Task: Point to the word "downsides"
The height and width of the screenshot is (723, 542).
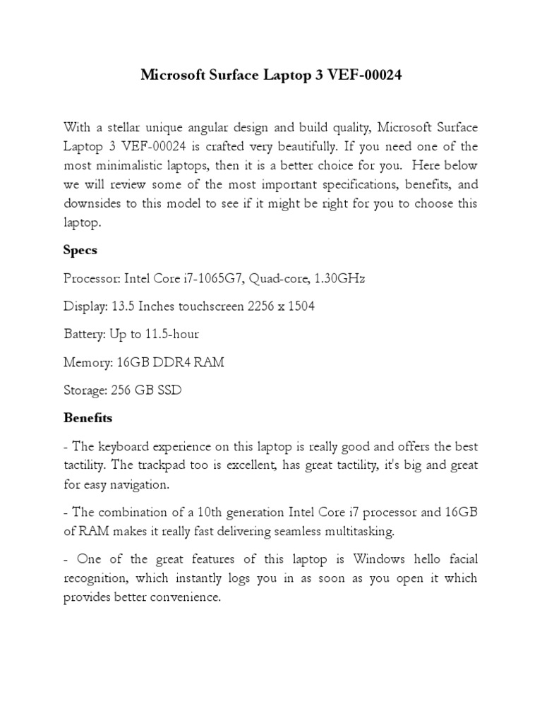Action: tap(95, 203)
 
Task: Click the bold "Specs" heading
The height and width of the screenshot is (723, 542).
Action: tap(80, 250)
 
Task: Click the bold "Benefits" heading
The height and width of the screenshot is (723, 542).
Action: tap(88, 417)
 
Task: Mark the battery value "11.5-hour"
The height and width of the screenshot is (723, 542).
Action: tap(172, 334)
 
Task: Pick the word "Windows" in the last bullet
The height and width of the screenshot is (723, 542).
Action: tap(380, 559)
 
